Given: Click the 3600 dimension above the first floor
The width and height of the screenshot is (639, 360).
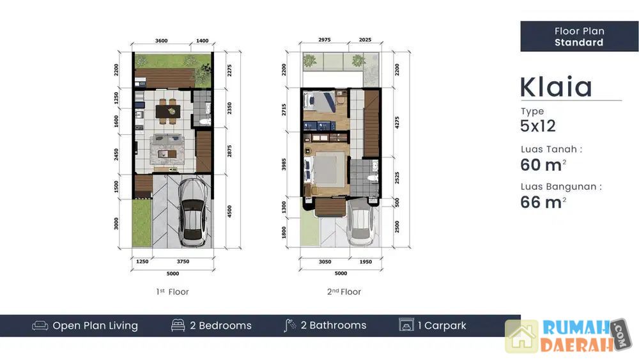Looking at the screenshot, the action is click(162, 41).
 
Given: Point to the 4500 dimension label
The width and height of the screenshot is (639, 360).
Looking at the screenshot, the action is click(229, 211).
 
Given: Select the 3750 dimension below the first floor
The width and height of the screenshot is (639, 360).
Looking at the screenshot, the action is click(183, 262).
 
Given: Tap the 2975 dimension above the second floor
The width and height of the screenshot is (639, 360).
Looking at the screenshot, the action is click(325, 40).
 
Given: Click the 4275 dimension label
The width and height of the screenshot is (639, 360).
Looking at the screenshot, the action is click(397, 123).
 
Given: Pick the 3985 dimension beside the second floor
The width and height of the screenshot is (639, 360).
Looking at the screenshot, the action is click(284, 164).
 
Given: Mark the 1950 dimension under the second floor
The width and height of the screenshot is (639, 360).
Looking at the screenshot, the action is click(366, 262).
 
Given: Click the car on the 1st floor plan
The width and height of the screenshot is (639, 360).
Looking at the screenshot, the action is click(193, 212).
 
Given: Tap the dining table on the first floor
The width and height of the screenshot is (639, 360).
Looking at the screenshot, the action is click(168, 110).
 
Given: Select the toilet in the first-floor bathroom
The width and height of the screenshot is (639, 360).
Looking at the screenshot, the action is click(204, 121).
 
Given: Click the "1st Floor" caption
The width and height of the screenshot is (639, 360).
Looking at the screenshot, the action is click(173, 292).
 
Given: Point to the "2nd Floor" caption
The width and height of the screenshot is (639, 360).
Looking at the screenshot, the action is click(344, 292).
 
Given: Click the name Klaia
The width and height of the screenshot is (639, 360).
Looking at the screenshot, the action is click(556, 86).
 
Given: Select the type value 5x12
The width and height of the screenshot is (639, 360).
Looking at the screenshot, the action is click(538, 126).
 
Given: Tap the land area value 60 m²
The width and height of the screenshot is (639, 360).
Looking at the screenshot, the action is click(543, 165).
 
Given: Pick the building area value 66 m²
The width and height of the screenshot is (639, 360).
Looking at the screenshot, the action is click(543, 202).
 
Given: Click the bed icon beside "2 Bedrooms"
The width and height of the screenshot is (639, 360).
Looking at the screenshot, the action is click(178, 325).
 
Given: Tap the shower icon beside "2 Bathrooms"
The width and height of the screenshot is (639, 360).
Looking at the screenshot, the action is click(289, 325).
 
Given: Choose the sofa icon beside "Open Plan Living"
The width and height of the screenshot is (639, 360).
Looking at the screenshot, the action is click(40, 325).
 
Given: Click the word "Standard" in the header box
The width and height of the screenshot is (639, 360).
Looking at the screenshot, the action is click(579, 42).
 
